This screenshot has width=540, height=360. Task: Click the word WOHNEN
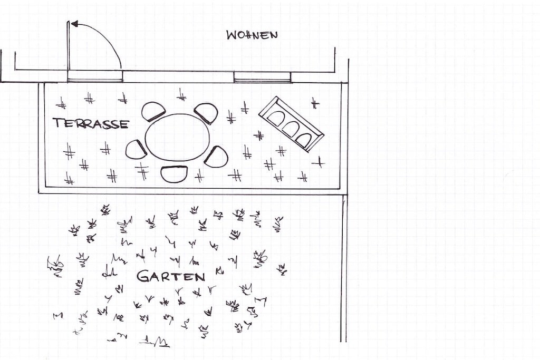[252, 35]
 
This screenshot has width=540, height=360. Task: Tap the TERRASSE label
[91, 123]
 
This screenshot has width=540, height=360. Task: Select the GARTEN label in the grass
[171, 276]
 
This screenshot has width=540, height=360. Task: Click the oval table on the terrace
[177, 138]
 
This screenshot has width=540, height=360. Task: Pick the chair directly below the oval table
[175, 174]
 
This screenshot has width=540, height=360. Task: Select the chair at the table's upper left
[153, 112]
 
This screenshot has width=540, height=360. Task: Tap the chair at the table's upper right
[207, 113]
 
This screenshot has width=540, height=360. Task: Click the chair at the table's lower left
[137, 150]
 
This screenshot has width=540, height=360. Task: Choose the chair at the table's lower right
[217, 157]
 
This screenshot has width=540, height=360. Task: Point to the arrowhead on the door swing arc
[74, 24]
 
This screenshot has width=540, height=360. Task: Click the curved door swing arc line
[103, 38]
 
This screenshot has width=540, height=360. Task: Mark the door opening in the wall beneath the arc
[95, 76]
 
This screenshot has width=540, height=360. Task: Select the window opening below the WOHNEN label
[262, 77]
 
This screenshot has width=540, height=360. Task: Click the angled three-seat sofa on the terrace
[291, 124]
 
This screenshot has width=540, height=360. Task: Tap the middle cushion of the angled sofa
[291, 129]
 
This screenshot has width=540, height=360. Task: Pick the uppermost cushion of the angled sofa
[276, 119]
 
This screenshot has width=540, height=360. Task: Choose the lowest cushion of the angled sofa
[304, 139]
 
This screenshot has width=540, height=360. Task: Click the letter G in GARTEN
[143, 276]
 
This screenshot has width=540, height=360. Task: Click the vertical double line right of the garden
[343, 268]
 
